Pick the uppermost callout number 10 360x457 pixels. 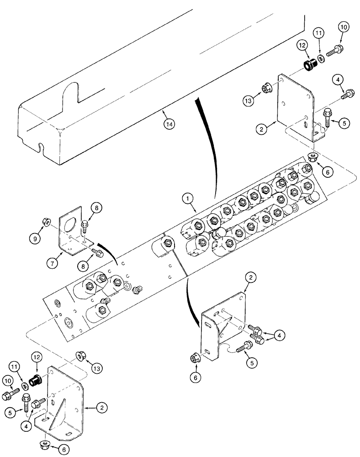pyautogui.click(x=344, y=28)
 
